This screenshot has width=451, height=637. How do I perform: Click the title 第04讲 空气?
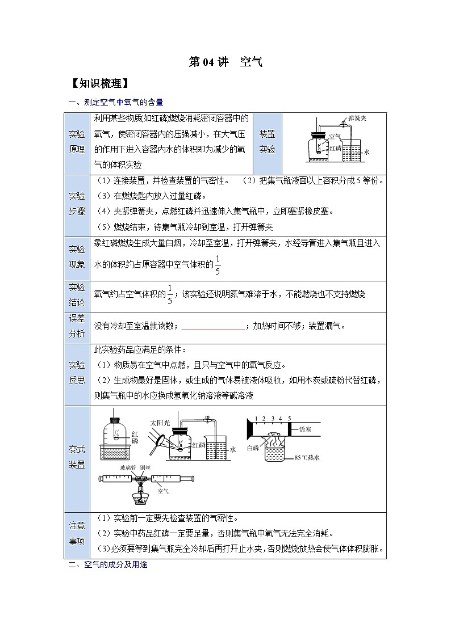tap(225, 62)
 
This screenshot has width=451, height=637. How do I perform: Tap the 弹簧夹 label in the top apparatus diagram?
tap(357, 118)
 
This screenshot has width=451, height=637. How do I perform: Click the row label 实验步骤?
tap(77, 203)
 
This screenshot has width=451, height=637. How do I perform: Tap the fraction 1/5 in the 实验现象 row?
tap(218, 264)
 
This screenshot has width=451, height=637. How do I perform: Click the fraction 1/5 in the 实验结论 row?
tap(169, 294)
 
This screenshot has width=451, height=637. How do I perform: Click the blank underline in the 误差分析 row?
tap(212, 326)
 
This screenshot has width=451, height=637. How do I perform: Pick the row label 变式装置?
tap(77, 457)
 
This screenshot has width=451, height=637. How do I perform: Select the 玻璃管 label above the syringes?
tap(127, 467)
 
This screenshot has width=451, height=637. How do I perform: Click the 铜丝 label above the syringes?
tap(145, 467)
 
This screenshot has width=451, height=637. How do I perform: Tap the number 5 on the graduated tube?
tap(289, 419)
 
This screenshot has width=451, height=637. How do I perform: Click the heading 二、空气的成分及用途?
tap(108, 566)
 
